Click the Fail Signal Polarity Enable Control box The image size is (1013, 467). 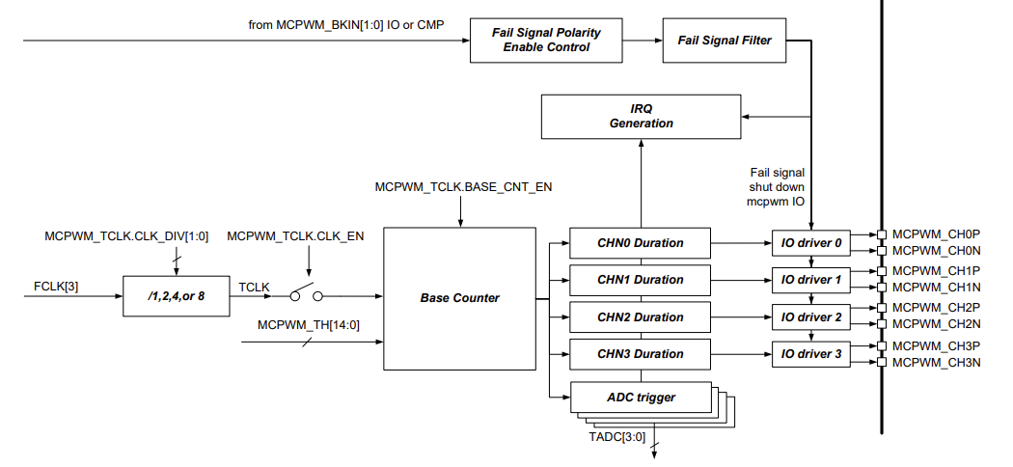[x=546, y=40]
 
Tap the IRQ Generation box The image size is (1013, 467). [x=642, y=116]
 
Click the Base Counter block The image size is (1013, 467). [x=460, y=298]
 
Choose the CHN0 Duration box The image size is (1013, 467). [x=640, y=243]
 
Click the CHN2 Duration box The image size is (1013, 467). [x=640, y=317]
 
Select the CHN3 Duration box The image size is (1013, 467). [x=640, y=354]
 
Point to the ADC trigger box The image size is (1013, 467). [x=640, y=397]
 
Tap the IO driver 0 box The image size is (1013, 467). [x=811, y=243]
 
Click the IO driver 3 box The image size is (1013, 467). [x=811, y=354]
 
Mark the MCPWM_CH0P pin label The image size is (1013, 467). [x=936, y=233]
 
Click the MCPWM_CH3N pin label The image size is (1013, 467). [x=936, y=362]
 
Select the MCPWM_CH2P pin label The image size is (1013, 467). [x=936, y=308]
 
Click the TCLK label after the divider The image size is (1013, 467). [x=254, y=288]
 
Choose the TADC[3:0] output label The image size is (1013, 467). [x=617, y=437]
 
